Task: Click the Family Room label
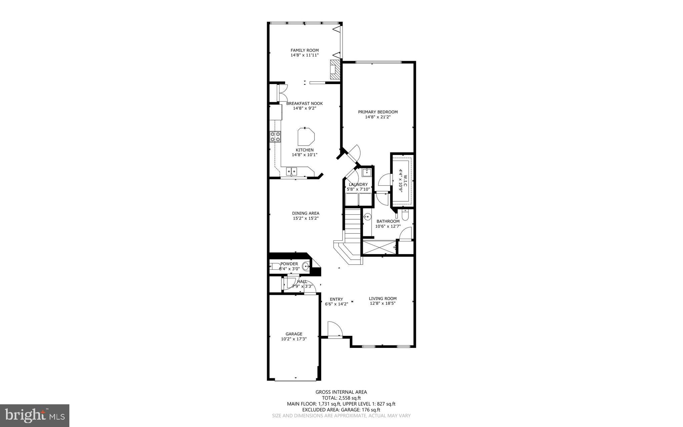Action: (x=304, y=50)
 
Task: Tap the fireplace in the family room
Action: (x=334, y=69)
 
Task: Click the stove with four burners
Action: (x=275, y=137)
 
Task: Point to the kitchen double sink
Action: (x=291, y=172)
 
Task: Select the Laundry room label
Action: (x=358, y=184)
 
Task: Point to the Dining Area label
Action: (x=305, y=213)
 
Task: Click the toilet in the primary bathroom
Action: (x=405, y=216)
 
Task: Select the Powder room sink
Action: (x=306, y=266)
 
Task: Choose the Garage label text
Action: (x=294, y=334)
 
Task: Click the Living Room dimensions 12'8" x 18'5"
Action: (x=383, y=303)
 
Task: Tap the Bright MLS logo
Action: (x=35, y=415)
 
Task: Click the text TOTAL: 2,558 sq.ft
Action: (x=341, y=398)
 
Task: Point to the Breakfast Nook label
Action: (x=304, y=103)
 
